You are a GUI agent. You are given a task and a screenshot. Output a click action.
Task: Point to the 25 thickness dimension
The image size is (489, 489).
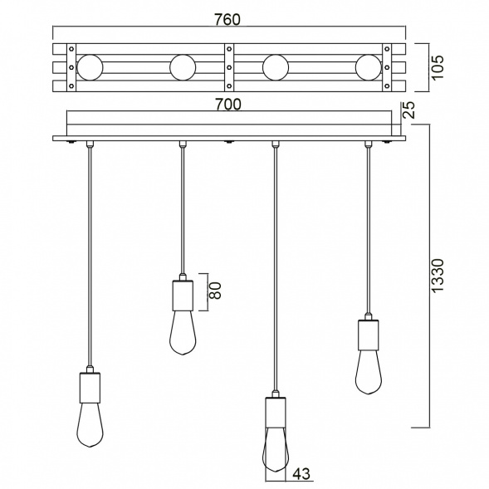point(408,110)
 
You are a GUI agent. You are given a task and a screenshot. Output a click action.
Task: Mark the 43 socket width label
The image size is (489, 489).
point(301,475)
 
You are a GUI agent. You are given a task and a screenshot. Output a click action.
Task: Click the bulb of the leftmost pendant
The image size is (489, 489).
point(89,428)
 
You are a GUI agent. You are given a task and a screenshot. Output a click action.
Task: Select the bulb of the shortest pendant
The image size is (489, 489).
point(183,332)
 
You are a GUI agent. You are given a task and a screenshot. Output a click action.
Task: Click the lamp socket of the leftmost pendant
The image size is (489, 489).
point(89,386)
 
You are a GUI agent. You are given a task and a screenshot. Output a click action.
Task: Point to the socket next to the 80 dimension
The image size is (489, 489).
point(183,294)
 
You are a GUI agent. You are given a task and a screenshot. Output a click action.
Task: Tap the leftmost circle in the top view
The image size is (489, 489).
point(89,66)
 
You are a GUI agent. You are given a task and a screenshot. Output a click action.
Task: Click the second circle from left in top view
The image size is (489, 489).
point(183,66)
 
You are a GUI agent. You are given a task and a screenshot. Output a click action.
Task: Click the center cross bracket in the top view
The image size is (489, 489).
point(228,66)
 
